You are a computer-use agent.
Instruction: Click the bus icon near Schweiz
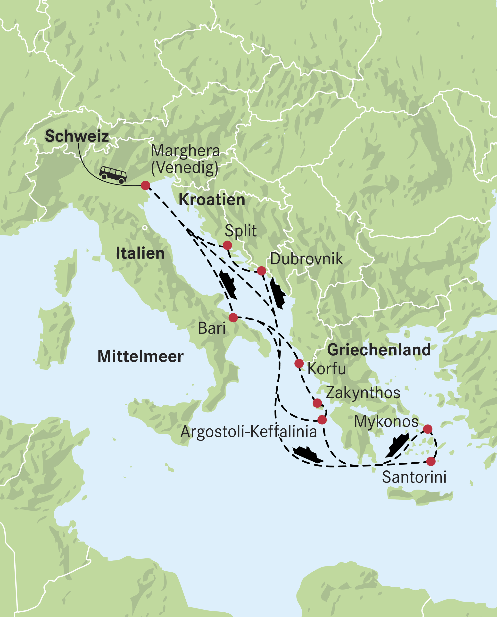click(113, 174)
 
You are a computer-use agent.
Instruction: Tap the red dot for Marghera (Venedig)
click(145, 185)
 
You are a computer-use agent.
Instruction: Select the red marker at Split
click(227, 245)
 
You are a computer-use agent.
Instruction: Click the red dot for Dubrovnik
click(261, 271)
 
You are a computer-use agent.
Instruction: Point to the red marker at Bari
click(233, 317)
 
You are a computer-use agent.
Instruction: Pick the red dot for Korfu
click(299, 363)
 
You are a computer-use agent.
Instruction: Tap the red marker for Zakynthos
click(317, 403)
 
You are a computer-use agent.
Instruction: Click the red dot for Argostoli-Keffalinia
click(322, 420)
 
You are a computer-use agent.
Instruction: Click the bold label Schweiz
click(77, 136)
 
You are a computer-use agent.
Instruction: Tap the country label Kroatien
click(212, 200)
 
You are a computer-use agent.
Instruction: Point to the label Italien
click(140, 253)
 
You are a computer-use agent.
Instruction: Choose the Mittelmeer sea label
click(140, 357)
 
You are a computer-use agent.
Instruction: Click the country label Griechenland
click(379, 350)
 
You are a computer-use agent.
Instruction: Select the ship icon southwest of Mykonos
click(397, 445)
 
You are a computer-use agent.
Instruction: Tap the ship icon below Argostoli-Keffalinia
click(308, 454)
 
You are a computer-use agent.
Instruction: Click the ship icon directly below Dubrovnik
click(277, 293)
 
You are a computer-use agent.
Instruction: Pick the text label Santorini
click(414, 477)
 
